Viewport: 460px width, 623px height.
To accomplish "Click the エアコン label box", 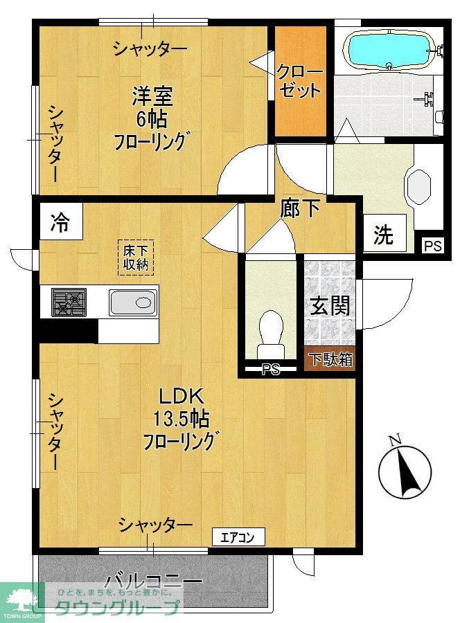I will [238, 536].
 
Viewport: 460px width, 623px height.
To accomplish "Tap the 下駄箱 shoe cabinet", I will [330, 360].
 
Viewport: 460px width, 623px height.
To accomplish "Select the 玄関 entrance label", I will [330, 305].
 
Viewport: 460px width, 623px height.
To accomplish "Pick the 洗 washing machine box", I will [383, 235].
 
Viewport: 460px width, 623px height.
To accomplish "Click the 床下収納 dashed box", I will [136, 257].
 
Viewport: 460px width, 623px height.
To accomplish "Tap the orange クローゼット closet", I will [300, 81].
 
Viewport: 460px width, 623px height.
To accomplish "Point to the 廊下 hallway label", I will [301, 208].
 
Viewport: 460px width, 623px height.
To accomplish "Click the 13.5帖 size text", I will [182, 419].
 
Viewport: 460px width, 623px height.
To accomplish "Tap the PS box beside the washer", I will [432, 245].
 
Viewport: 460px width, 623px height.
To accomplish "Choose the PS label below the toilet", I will [271, 370].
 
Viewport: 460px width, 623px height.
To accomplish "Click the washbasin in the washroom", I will [420, 186].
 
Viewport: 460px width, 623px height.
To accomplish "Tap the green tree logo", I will [21, 597].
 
